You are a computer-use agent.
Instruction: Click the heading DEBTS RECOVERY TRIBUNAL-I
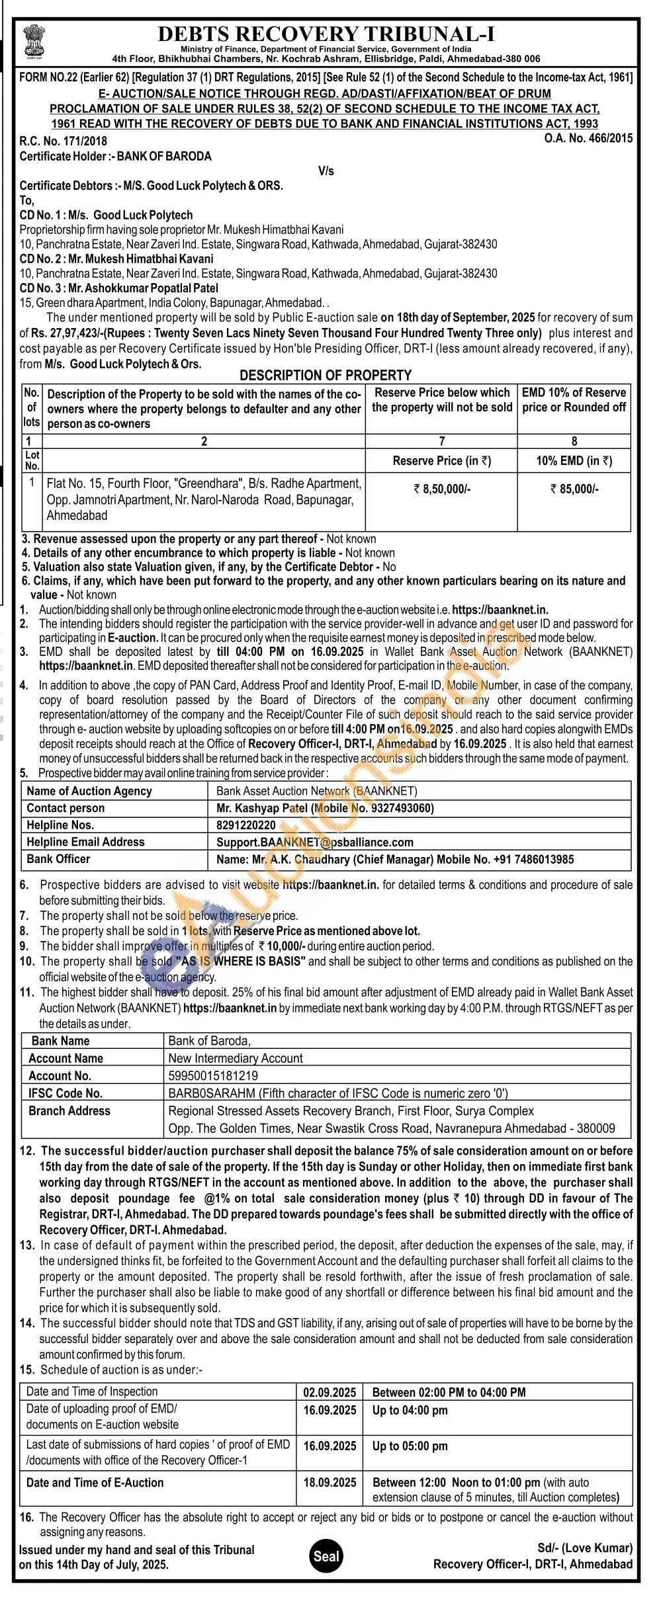point(326,34)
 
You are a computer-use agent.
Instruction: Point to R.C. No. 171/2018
point(63,141)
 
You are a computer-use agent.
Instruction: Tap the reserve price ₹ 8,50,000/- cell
point(441,489)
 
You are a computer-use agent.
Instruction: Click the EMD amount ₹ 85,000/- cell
point(574,489)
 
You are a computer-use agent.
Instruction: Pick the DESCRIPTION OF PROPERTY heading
point(326,375)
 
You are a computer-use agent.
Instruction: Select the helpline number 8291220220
point(246,825)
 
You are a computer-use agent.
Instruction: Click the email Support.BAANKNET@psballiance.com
point(314,842)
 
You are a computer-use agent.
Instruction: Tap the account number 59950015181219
point(213,1075)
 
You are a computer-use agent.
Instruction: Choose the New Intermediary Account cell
point(236,1058)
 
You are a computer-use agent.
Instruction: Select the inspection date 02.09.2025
point(330,1392)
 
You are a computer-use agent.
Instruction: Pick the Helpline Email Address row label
point(85,842)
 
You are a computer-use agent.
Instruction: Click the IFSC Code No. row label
point(66,1093)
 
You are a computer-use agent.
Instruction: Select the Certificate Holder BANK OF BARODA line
point(116,156)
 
